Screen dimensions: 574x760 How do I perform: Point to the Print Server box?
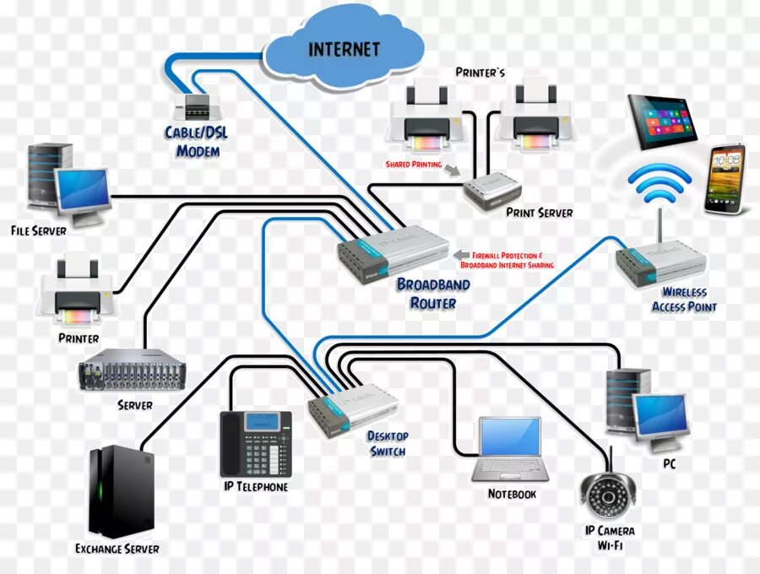click(x=495, y=191)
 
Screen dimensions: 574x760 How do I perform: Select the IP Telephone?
click(x=255, y=444)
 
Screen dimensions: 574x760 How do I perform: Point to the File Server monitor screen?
click(x=83, y=187)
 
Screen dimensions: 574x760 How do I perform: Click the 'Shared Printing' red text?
click(x=414, y=165)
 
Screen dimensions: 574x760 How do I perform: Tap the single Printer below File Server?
click(x=75, y=292)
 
